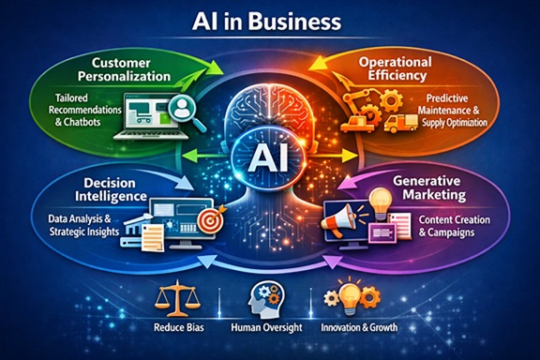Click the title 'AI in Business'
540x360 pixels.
coord(266,22)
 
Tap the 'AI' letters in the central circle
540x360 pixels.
coord(267,159)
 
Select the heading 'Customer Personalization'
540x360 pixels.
coord(124,69)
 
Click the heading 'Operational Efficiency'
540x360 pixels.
coord(395,68)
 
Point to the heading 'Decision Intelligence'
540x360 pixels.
coord(111,189)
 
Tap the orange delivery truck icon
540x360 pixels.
coord(400,124)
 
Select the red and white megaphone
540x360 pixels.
coord(337,219)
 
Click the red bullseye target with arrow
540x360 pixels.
coord(210,218)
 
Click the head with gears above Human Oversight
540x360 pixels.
coord(266,298)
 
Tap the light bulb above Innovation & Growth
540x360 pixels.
coord(350,297)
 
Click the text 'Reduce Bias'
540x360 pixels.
coord(179,327)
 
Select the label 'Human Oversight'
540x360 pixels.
coord(266,327)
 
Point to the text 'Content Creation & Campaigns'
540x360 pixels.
coord(454,226)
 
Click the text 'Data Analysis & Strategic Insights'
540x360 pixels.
coord(83,225)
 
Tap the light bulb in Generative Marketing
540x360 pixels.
coord(381,203)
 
